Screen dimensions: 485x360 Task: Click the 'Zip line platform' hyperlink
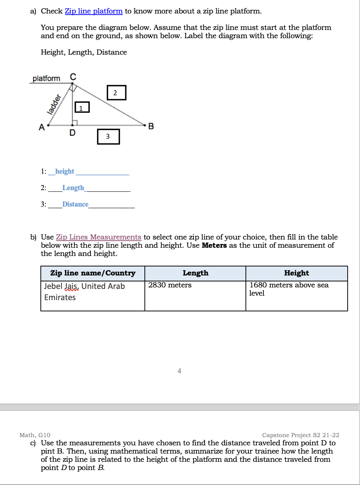94,11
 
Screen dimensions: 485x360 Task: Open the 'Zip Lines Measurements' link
98,237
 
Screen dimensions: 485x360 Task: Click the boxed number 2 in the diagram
116,93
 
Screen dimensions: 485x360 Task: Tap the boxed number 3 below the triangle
108,137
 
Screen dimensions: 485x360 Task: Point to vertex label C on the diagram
73,77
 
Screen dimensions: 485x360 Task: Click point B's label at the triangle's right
151,126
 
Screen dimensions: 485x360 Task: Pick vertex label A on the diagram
42,127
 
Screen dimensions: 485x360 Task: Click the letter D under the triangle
73,133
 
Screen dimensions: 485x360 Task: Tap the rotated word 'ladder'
54,104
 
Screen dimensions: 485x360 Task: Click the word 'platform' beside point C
46,79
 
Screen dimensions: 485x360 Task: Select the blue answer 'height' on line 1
65,171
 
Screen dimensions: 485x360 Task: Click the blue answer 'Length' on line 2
73,188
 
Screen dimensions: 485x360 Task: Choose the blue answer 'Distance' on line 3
75,204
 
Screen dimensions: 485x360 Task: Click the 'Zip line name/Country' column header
93,273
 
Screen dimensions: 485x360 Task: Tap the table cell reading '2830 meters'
170,285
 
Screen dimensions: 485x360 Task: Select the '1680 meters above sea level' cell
289,289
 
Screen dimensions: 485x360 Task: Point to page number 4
179,371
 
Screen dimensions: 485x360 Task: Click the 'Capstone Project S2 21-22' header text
300,435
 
